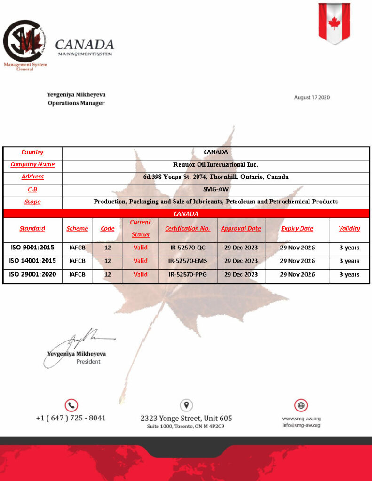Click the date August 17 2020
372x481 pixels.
pos(312,98)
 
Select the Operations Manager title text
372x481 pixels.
pos(76,103)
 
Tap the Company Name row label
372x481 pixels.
pos(32,164)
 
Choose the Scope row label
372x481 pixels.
pos(32,202)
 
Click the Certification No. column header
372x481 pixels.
pos(188,229)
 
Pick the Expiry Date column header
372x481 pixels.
pos(297,229)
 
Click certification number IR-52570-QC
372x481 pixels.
pos(188,248)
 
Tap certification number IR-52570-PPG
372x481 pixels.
pos(188,274)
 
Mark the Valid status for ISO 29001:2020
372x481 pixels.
pos(140,274)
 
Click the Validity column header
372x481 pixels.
pos(349,229)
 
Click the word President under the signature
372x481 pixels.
pos(88,362)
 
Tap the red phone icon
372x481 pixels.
pos(71,405)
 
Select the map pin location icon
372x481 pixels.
pos(186,405)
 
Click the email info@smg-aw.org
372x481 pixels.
pos(301,426)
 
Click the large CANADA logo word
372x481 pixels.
pos(85,45)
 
